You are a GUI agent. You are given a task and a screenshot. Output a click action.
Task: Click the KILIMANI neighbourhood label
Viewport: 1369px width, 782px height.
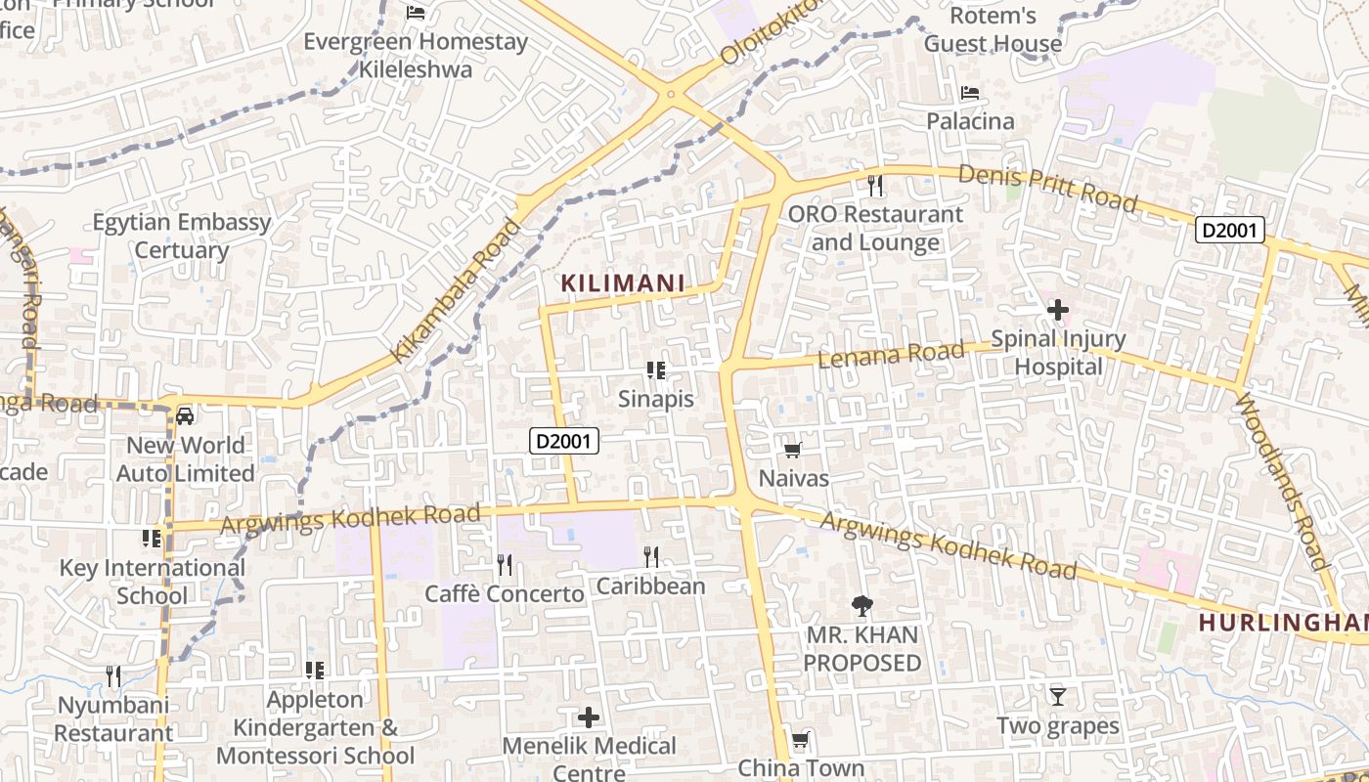[x=622, y=283]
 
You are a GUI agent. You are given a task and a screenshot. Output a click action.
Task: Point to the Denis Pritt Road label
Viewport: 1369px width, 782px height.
[x=1048, y=188]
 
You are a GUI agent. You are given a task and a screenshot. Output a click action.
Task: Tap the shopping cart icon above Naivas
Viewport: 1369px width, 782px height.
[x=793, y=450]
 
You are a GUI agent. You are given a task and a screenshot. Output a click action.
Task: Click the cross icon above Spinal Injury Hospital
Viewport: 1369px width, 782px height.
[x=1057, y=311]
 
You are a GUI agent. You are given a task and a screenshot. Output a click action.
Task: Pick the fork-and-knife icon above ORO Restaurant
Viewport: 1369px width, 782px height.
[x=875, y=184]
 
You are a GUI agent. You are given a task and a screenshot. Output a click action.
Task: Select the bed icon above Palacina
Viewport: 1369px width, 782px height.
[x=970, y=93]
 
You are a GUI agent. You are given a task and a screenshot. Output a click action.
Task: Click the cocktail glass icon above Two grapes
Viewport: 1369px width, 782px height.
[x=1057, y=697]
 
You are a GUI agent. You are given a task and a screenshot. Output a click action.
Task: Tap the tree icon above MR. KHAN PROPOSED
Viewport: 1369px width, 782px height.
[x=861, y=606]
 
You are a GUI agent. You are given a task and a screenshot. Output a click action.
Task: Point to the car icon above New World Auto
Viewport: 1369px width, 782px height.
[x=185, y=416]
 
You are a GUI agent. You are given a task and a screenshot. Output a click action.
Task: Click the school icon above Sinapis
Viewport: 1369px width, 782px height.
[x=656, y=369]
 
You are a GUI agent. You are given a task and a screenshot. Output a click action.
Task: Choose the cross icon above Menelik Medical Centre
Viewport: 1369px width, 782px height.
[x=589, y=717]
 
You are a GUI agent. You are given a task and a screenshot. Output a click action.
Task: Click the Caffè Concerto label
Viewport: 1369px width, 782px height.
[x=504, y=593]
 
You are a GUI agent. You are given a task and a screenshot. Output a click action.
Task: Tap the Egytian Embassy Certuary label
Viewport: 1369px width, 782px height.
[x=182, y=236]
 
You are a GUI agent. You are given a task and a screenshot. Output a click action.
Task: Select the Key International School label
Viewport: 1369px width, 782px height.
[x=153, y=582]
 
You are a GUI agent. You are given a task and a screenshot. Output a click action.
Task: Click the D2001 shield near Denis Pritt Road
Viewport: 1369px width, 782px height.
[x=1230, y=231]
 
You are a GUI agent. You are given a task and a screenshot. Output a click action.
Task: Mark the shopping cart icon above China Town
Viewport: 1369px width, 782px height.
[x=801, y=740]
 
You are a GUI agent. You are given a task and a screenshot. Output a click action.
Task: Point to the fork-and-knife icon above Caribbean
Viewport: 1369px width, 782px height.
[x=651, y=557]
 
